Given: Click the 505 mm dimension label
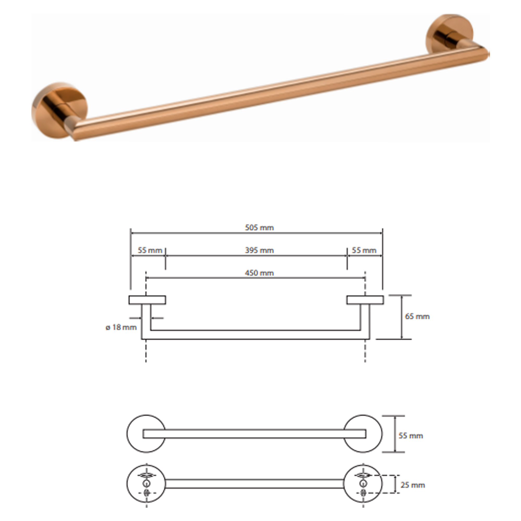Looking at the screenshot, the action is tap(259, 228).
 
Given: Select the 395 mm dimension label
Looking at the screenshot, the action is tap(259, 250).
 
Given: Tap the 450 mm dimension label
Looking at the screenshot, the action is tap(259, 273).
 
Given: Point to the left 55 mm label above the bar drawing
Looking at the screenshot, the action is tap(150, 250).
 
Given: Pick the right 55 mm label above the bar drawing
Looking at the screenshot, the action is tap(364, 250).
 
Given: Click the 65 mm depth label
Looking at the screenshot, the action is tap(417, 316).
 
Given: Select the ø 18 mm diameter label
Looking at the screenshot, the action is tap(121, 327).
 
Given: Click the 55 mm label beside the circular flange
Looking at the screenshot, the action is tap(411, 436).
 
